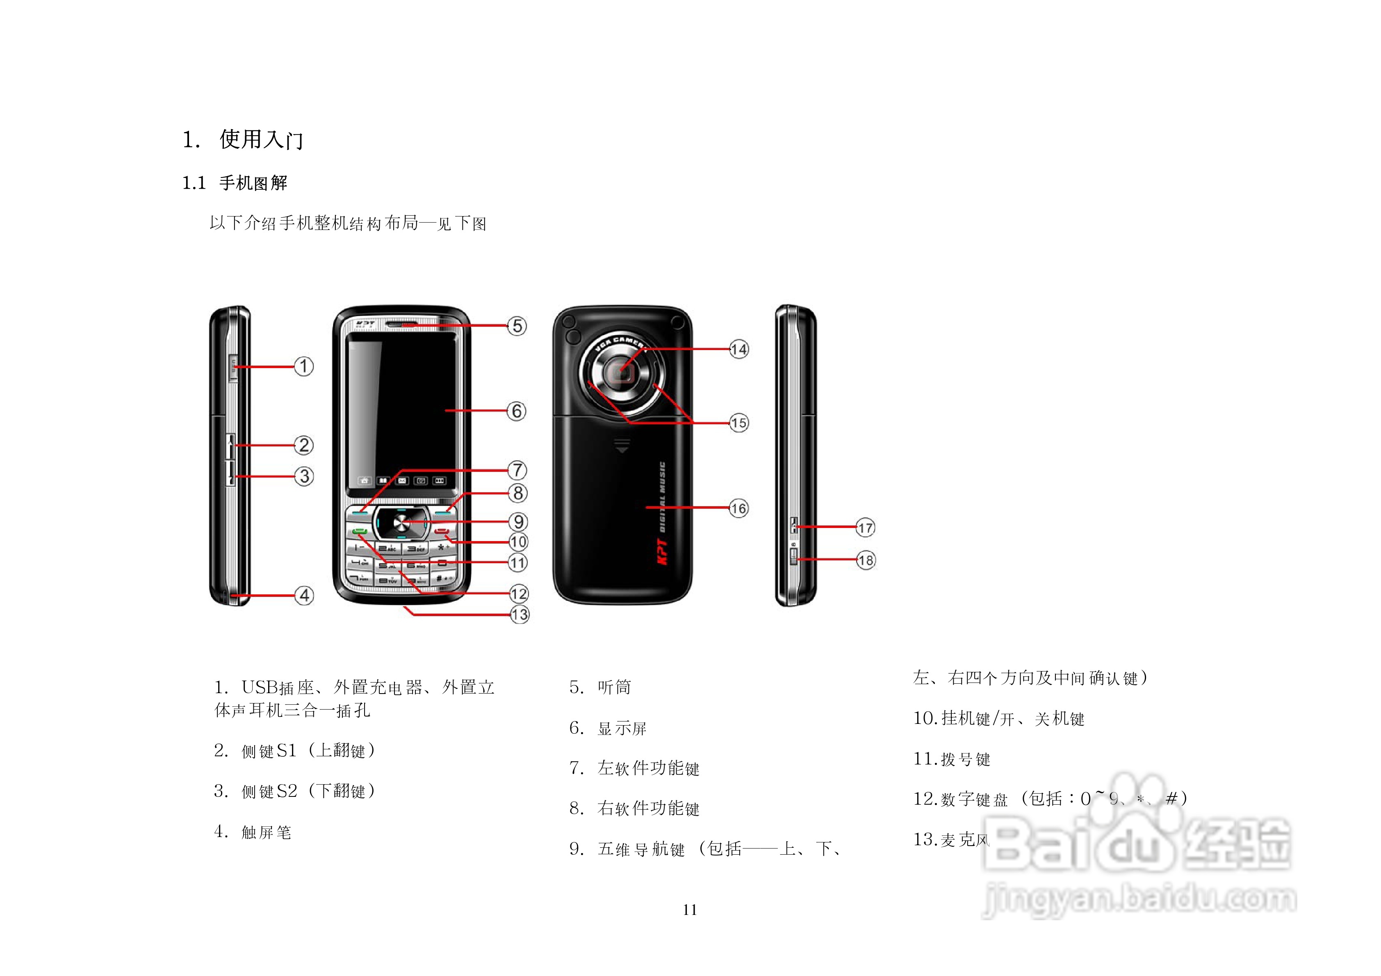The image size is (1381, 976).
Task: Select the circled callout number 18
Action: tap(866, 560)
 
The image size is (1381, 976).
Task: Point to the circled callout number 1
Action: tap(304, 366)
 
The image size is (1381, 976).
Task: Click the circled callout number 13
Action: tap(520, 614)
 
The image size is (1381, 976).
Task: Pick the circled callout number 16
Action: tap(738, 508)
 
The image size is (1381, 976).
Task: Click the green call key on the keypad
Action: tap(360, 531)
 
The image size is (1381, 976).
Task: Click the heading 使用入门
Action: tap(261, 139)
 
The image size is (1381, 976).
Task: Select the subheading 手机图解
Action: tap(253, 183)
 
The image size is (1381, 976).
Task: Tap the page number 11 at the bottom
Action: tap(690, 910)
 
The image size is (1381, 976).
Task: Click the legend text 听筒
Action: tap(614, 687)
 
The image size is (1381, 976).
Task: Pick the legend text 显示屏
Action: tap(622, 728)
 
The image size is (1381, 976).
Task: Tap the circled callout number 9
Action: tap(518, 521)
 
